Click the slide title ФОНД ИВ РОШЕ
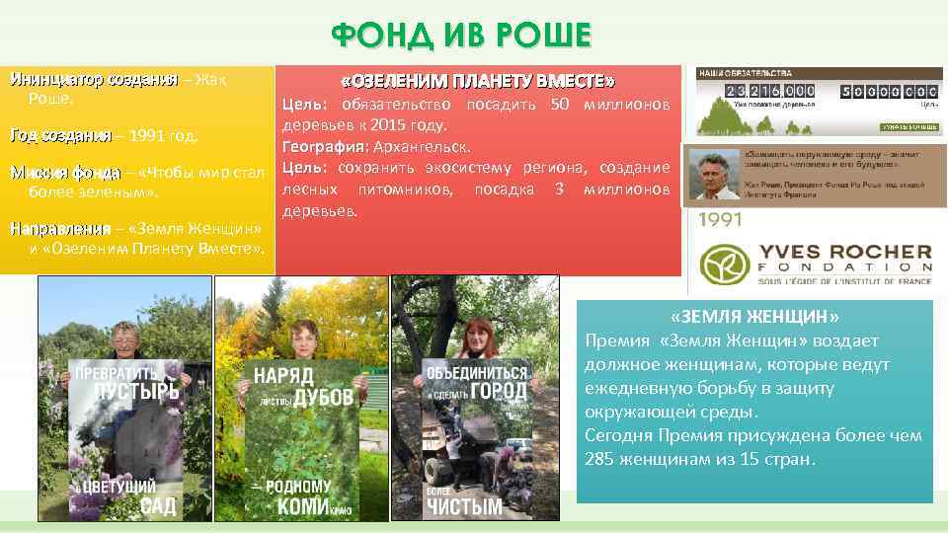click(461, 36)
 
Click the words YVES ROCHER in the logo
click(843, 253)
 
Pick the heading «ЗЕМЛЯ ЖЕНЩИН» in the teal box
click(754, 317)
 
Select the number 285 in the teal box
click(601, 458)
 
